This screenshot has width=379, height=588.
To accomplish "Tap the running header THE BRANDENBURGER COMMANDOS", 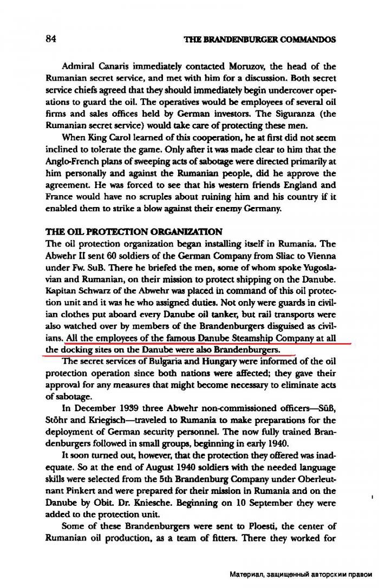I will tap(260, 39).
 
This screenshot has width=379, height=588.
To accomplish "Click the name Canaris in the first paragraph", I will tap(114, 67).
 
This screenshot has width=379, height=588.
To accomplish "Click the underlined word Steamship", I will tap(241, 339).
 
